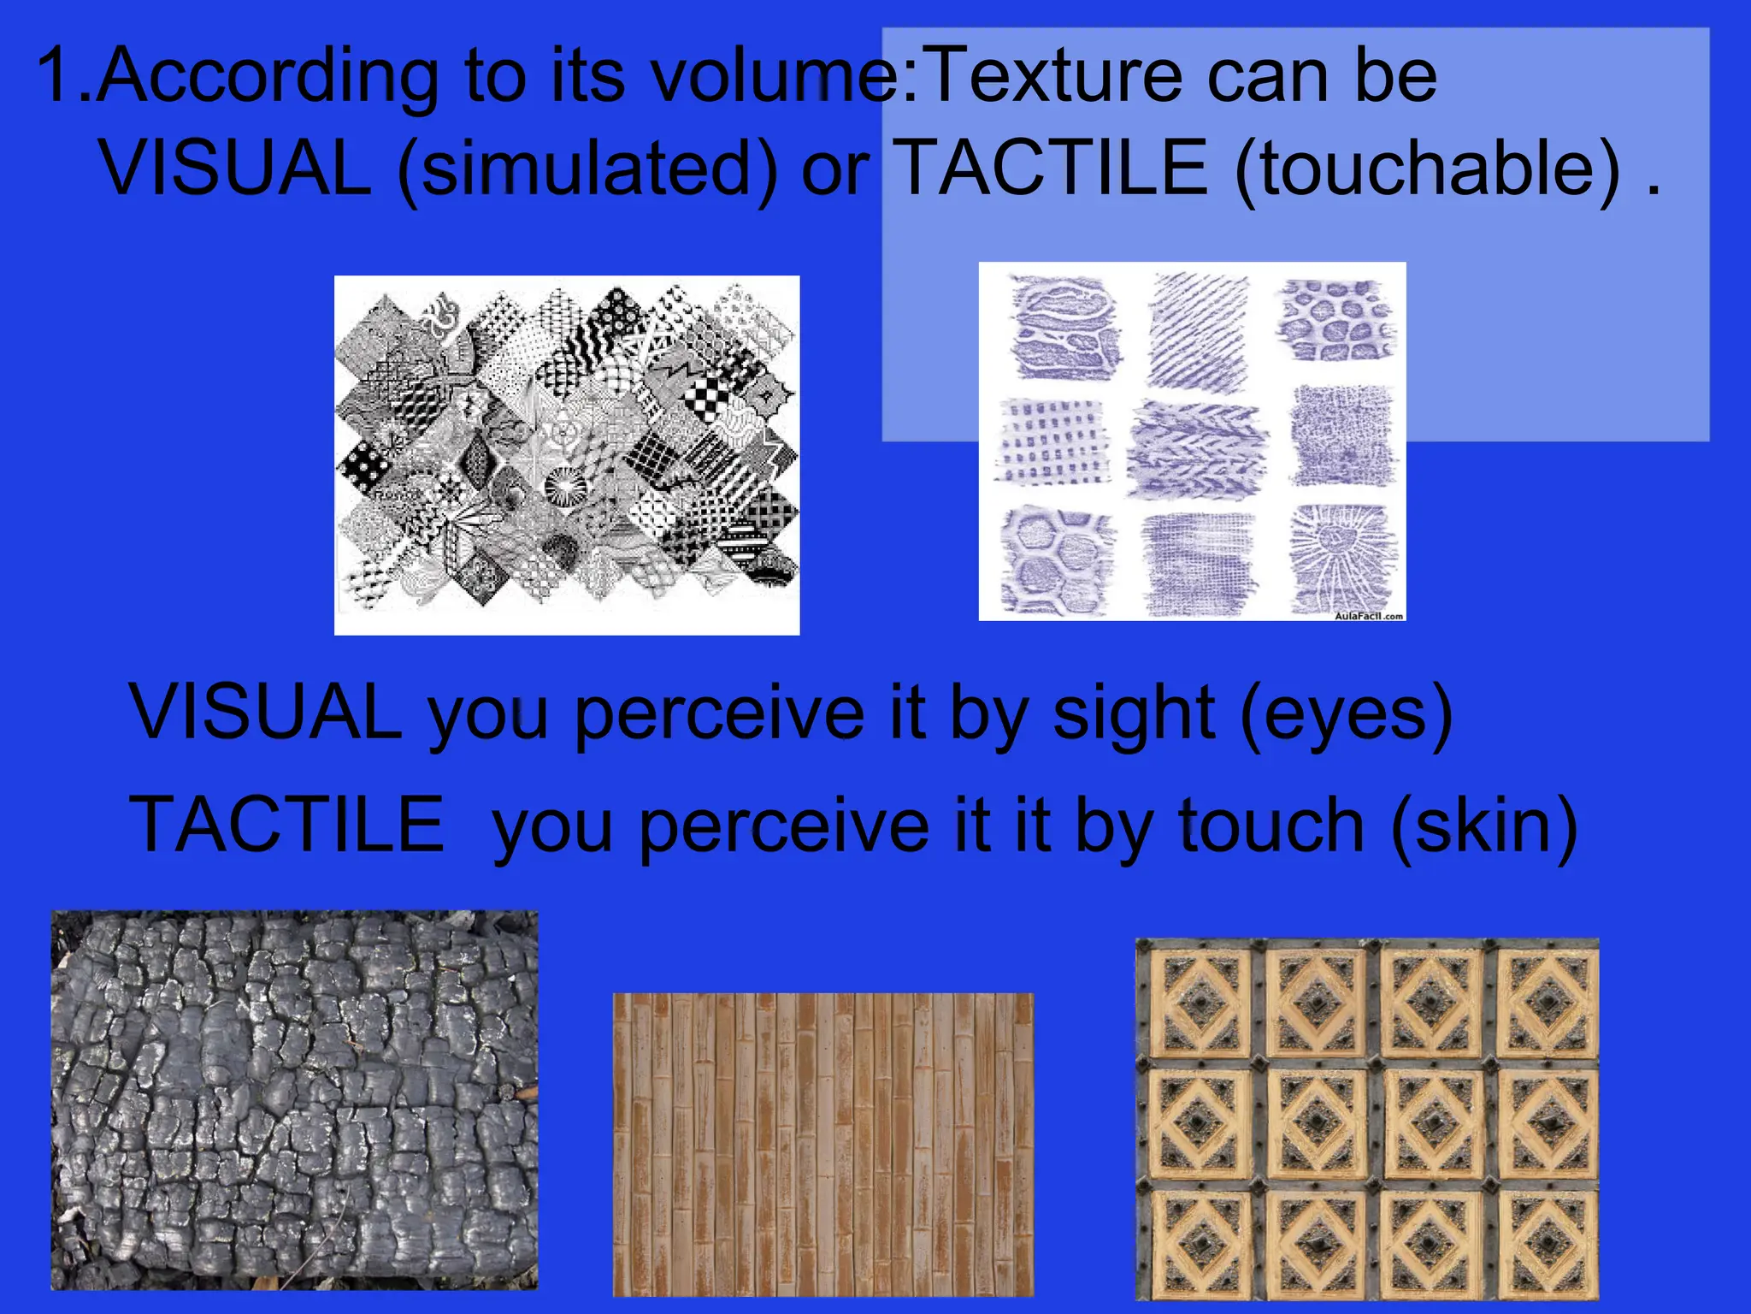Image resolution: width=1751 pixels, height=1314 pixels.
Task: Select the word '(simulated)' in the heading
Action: click(x=587, y=169)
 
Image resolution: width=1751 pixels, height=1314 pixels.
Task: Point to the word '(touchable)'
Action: click(x=1427, y=169)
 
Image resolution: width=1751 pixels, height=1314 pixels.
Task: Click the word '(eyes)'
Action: click(x=1346, y=714)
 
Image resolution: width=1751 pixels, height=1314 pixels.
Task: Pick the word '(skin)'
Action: click(x=1484, y=826)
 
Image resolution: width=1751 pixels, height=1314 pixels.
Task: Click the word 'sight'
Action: click(x=1133, y=714)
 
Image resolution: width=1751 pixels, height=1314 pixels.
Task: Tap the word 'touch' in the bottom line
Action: click(x=1271, y=826)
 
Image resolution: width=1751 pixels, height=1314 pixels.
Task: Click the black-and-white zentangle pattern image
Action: click(x=567, y=455)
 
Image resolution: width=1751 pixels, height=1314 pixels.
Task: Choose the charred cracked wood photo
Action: click(x=294, y=1100)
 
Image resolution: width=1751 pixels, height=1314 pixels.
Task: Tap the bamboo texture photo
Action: click(x=822, y=1145)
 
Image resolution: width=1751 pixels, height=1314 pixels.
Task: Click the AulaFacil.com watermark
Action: click(x=1369, y=616)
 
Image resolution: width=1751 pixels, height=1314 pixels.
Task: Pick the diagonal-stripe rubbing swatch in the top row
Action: click(x=1199, y=329)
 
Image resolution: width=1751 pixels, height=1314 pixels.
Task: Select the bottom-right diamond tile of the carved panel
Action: click(x=1548, y=1245)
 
